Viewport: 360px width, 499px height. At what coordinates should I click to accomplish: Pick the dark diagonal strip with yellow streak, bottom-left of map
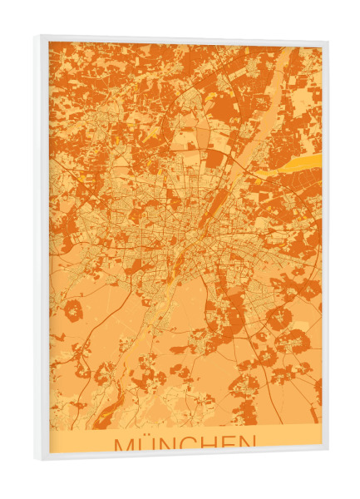[x=109, y=408]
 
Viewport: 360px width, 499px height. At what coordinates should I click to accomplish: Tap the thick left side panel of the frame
[x=42, y=249]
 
